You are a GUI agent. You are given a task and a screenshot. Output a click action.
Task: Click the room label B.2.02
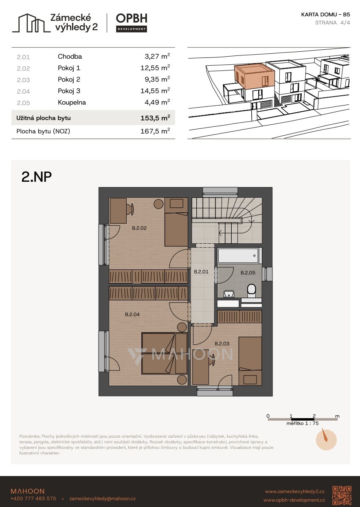[139, 228]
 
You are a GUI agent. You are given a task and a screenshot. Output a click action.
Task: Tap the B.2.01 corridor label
[201, 271]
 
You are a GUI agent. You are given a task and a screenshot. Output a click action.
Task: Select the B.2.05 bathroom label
[248, 273]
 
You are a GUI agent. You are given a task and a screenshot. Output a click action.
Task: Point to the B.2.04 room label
[132, 314]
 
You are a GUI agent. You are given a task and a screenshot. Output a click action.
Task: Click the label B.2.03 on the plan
[222, 344]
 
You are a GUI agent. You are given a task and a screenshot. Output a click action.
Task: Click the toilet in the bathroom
[251, 291]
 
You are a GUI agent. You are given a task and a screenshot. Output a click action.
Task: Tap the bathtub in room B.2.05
[238, 256]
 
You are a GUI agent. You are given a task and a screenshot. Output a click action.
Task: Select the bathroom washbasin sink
[229, 294]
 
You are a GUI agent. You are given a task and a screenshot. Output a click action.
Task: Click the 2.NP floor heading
[37, 177]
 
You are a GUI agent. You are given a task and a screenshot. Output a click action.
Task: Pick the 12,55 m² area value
[155, 68]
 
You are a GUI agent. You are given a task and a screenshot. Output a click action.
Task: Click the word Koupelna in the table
[72, 102]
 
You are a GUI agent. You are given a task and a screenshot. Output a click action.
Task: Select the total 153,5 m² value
[155, 118]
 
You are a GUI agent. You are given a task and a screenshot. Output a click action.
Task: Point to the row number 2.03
[23, 80]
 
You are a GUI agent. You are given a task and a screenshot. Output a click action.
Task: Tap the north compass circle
[326, 440]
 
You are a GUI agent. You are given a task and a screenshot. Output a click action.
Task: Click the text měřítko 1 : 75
[302, 423]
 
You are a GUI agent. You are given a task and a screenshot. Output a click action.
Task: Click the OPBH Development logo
[132, 23]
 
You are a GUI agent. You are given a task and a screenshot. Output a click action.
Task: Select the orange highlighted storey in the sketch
[255, 76]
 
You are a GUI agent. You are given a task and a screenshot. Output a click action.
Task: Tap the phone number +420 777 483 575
[33, 498]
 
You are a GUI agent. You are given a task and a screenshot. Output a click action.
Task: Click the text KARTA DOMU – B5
[325, 15]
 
